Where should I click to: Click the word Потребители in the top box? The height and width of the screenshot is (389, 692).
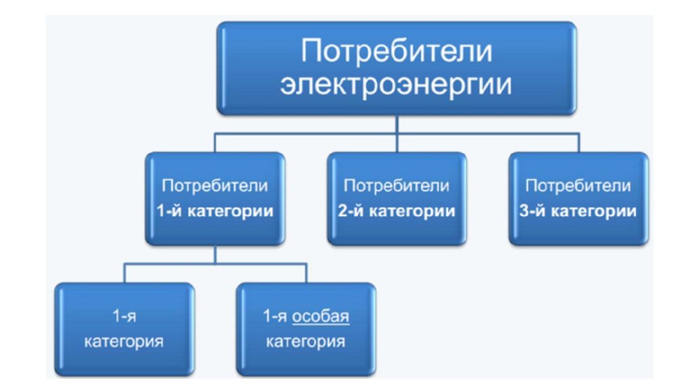pos(396,51)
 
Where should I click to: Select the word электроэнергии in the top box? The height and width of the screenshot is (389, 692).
pos(396,84)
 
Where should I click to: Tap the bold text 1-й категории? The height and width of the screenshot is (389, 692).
pos(215,211)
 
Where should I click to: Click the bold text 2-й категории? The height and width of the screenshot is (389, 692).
pos(396,211)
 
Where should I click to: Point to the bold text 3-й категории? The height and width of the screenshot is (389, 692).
pos(578,211)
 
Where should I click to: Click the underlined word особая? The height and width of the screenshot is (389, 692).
pos(321,316)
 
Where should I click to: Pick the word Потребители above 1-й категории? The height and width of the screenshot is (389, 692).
pos(215,186)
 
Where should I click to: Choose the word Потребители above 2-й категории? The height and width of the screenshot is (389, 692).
pos(396,186)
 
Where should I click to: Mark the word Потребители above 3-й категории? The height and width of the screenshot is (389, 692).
pos(578,186)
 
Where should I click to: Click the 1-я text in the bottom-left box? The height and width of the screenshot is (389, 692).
pos(124,316)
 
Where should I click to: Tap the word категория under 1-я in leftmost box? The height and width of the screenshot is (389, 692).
pos(124,341)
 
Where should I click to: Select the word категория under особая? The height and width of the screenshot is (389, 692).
pos(306,341)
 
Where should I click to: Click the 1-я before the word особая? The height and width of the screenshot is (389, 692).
pos(275,316)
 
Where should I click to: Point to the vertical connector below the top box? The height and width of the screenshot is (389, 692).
pos(397,134)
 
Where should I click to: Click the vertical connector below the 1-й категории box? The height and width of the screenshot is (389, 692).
pos(216,255)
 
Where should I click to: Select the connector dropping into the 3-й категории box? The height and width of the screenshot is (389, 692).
pos(578,142)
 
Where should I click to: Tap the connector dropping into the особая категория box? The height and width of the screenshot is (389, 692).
pos(306,273)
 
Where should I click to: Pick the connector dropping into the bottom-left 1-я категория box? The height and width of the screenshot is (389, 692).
pos(124,273)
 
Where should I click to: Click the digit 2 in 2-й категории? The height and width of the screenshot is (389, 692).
pos(343,211)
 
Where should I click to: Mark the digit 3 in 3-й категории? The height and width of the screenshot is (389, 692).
pos(524,211)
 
